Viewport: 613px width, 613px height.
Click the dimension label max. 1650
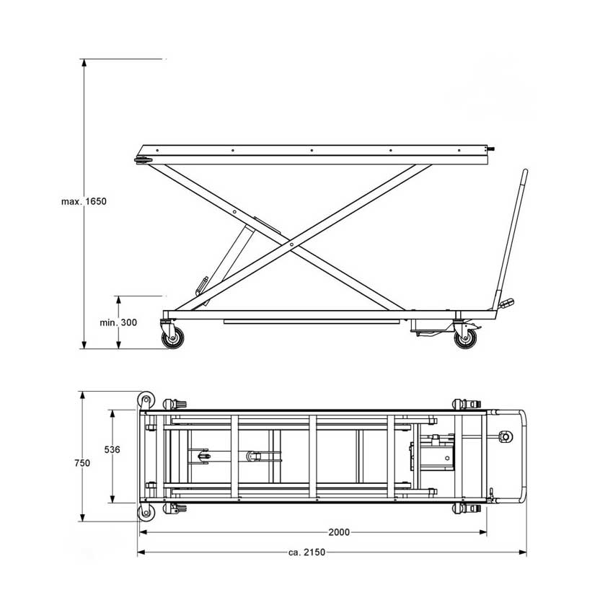coord(84,202)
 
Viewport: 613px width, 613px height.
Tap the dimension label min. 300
coord(118,322)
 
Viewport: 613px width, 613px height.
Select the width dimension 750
coord(82,463)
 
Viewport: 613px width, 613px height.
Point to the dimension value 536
coord(113,449)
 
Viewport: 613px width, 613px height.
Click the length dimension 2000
coord(339,532)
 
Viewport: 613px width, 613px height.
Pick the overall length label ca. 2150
coord(307,552)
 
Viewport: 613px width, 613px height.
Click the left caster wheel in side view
coord(172,338)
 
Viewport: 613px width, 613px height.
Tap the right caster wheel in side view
coord(465,338)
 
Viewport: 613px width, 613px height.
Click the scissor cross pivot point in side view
coord(291,244)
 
